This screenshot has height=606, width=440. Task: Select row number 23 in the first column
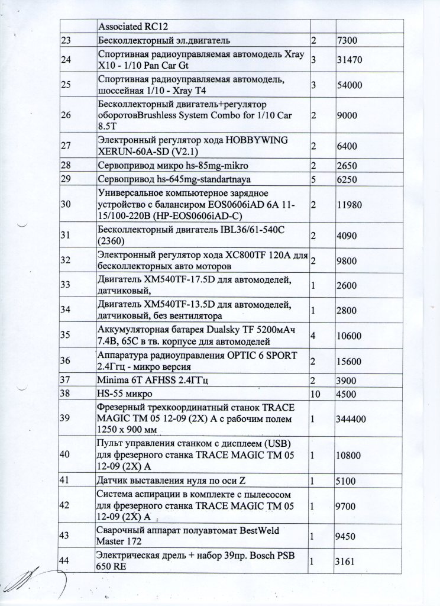pyautogui.click(x=66, y=40)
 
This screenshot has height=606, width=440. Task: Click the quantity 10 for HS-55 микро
pyautogui.click(x=315, y=393)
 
